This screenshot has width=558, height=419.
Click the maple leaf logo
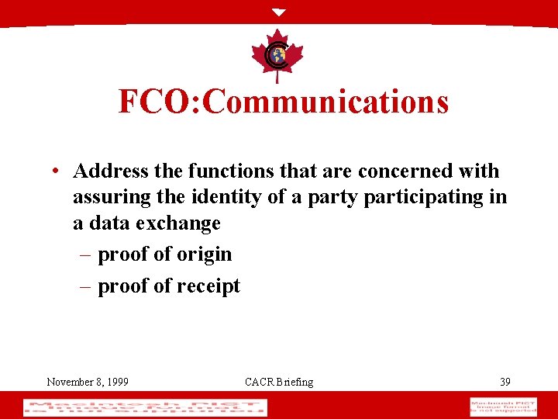point(278,55)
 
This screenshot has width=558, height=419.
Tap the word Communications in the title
point(326,102)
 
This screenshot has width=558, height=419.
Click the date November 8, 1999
point(88,382)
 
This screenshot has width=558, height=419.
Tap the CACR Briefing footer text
point(279,382)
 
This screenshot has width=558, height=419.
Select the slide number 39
point(505,382)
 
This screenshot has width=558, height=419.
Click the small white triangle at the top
point(279,12)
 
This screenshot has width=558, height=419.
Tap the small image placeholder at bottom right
point(503,407)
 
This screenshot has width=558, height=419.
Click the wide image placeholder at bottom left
point(145,407)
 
